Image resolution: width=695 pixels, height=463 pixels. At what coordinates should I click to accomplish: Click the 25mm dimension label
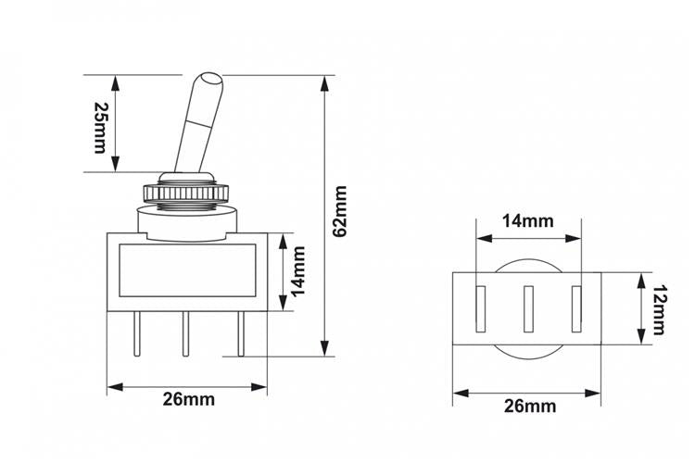click(x=100, y=128)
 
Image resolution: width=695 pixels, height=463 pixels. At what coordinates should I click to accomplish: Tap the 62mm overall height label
click(x=340, y=212)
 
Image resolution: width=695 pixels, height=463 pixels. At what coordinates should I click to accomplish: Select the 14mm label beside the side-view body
click(x=298, y=271)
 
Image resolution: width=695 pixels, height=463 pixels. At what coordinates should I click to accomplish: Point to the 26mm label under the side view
click(x=188, y=399)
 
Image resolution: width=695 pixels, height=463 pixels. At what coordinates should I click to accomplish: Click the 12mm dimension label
click(x=659, y=309)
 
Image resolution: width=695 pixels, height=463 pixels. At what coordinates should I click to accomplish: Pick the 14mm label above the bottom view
click(x=527, y=220)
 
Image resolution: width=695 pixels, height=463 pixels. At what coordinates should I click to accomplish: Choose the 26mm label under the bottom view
click(x=530, y=406)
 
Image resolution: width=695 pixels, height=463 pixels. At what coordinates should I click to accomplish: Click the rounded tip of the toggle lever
click(x=210, y=79)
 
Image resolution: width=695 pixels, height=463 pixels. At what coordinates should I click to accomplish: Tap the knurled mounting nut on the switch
click(x=185, y=194)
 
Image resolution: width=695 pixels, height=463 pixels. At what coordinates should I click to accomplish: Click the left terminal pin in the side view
click(x=136, y=333)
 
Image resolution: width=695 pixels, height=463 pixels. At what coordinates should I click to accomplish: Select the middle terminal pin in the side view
click(x=185, y=333)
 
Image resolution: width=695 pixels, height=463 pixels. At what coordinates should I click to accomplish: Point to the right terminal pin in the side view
click(x=241, y=333)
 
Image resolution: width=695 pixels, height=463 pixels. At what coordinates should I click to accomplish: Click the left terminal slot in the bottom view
click(x=480, y=308)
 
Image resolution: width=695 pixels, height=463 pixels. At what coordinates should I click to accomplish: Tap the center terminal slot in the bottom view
click(x=528, y=308)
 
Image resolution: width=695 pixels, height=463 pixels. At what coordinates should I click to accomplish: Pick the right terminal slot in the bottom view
click(x=576, y=308)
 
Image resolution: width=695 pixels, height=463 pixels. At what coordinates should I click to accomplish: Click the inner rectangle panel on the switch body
click(x=187, y=270)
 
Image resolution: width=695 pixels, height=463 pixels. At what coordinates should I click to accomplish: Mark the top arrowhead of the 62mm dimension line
click(x=325, y=83)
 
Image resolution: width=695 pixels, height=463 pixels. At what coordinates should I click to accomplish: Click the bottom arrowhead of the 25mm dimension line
click(x=115, y=164)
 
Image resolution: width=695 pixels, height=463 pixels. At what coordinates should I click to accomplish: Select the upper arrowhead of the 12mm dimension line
click(x=641, y=281)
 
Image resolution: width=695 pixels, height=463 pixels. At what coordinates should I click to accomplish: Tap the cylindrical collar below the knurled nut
click(x=187, y=223)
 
